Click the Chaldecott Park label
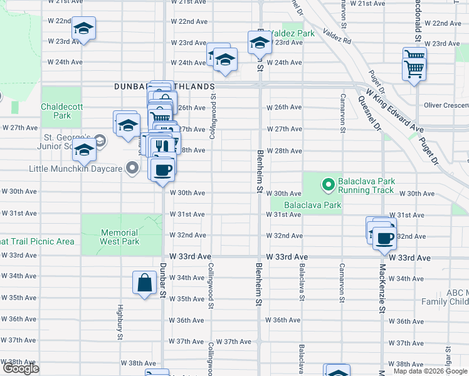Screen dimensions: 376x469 (x=61, y=111)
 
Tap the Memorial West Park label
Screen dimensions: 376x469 (x=120, y=236)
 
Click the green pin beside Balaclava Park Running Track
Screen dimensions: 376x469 (x=327, y=185)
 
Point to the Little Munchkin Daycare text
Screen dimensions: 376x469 (x=75, y=169)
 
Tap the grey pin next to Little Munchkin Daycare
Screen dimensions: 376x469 (x=132, y=168)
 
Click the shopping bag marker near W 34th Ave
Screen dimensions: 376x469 (x=144, y=282)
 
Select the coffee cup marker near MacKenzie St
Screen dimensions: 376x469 (x=384, y=238)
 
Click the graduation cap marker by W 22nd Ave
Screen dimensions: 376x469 (x=83, y=29)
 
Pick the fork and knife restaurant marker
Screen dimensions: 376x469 (x=162, y=145)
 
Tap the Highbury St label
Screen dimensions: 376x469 (x=120, y=323)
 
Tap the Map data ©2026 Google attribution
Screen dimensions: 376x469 (x=431, y=371)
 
